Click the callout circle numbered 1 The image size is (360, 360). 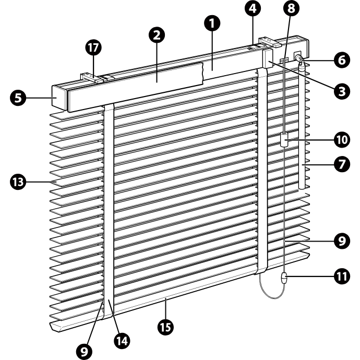point(212,23)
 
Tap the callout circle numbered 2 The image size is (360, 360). point(157,35)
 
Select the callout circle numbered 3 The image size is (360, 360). point(342,91)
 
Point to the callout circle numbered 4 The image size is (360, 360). point(253,8)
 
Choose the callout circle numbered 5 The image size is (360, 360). point(18,98)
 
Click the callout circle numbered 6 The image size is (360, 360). point(342,60)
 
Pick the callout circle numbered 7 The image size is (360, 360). point(342,164)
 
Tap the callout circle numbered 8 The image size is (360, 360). point(291,8)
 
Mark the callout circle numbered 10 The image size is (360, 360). point(342,140)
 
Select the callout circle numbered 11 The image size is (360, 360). point(342,276)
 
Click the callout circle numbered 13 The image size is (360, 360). point(18,182)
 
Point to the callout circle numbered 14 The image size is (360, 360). point(122,341)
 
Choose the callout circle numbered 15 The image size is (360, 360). point(166,327)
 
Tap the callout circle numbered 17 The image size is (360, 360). point(93,47)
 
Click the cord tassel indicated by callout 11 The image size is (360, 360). point(284,278)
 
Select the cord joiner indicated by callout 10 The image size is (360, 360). point(284,140)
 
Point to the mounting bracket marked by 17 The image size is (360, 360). point(92,78)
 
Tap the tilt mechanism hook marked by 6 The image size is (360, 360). point(300,58)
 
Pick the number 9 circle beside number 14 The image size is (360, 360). point(85,352)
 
